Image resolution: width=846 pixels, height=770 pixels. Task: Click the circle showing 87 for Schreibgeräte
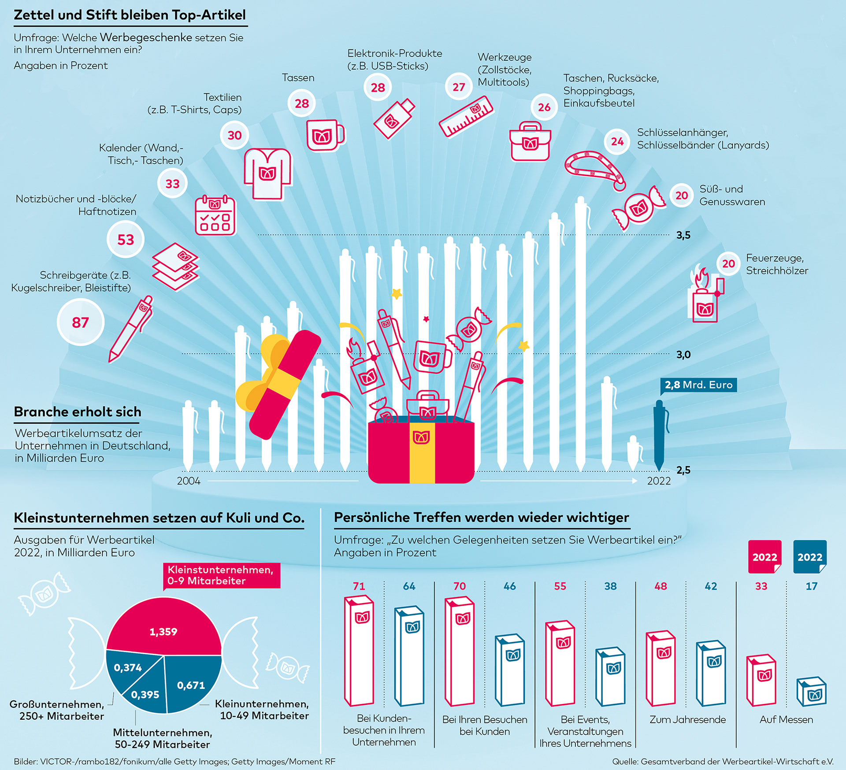click(x=81, y=322)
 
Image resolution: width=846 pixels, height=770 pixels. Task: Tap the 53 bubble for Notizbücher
click(x=126, y=239)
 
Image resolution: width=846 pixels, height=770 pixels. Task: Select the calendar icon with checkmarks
click(x=215, y=215)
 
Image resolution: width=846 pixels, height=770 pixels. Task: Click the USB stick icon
click(x=394, y=118)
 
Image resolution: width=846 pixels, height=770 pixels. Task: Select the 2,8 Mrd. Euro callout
click(x=698, y=385)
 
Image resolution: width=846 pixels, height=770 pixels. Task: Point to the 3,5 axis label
click(x=683, y=235)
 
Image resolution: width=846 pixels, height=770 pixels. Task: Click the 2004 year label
click(x=189, y=481)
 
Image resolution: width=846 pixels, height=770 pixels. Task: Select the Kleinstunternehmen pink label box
click(x=222, y=575)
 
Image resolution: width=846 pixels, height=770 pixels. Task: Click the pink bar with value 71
click(x=359, y=651)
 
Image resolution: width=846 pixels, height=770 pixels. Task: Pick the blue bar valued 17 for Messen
click(x=811, y=691)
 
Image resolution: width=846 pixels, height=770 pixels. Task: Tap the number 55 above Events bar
click(x=560, y=586)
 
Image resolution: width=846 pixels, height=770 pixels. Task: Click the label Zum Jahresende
click(x=687, y=719)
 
